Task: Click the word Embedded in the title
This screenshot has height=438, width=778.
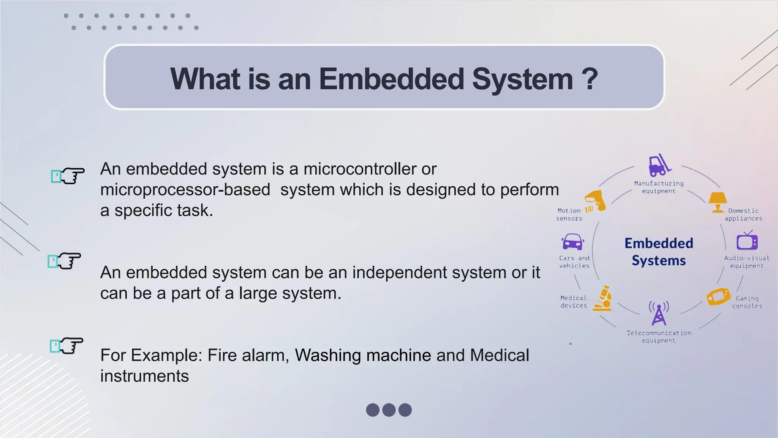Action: coord(391,79)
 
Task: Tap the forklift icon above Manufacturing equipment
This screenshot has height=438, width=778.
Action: coord(659,165)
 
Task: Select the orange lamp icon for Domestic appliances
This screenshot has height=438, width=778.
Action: coord(717,202)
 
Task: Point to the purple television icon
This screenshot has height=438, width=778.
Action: coord(747,241)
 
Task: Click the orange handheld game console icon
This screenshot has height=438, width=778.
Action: coord(718,297)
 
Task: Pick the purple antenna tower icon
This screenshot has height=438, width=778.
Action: coord(659,313)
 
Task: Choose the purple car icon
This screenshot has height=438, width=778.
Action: coord(572,242)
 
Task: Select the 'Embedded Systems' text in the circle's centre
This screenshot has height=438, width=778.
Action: coord(659,252)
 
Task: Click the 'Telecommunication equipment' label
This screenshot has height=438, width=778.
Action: coord(659,336)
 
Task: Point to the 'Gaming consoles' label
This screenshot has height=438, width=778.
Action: coord(747,302)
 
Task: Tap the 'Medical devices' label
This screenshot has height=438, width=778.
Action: coord(574,302)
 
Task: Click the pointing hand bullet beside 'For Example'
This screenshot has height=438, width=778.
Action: coord(67,346)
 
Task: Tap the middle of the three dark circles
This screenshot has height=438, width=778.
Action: coord(389,410)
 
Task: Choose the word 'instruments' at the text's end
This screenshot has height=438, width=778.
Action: coord(144,376)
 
